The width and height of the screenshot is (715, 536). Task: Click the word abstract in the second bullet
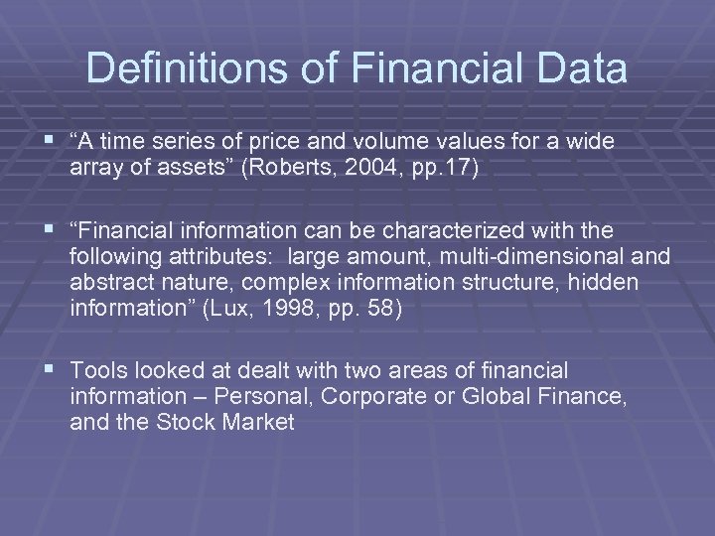pyautogui.click(x=106, y=283)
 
